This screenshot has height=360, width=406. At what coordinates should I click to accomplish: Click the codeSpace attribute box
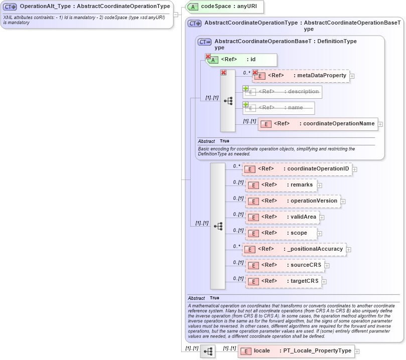click(224, 7)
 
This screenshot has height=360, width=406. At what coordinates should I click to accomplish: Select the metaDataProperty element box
click(301, 76)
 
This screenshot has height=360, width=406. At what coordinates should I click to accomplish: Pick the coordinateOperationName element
click(318, 124)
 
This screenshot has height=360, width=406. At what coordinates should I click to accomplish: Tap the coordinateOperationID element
click(297, 169)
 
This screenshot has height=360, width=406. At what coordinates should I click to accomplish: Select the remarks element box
click(281, 185)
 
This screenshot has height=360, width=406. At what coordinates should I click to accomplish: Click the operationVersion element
click(293, 201)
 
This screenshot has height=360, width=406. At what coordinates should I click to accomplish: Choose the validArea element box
click(283, 217)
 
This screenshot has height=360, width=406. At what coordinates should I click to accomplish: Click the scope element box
click(281, 233)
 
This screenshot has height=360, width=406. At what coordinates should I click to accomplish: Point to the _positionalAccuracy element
click(295, 249)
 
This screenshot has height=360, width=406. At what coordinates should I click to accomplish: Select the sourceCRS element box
click(285, 265)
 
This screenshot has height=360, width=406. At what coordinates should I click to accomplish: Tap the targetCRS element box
click(284, 281)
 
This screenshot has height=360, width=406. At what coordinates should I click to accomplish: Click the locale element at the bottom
click(296, 351)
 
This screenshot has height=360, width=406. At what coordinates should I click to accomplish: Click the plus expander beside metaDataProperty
click(352, 76)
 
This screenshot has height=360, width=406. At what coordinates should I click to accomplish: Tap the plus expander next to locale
click(357, 352)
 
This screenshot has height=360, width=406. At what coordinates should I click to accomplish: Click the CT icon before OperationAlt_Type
click(10, 7)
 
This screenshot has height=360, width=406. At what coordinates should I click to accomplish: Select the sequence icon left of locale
click(208, 352)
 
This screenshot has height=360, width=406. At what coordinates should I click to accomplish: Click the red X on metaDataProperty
click(255, 73)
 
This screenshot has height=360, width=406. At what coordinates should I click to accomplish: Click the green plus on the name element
click(246, 104)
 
